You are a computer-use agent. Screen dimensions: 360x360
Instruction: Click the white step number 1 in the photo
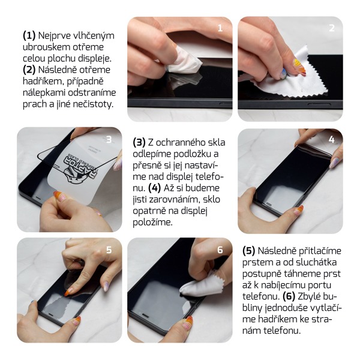(220, 28)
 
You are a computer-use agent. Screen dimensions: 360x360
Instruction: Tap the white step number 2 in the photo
(332, 28)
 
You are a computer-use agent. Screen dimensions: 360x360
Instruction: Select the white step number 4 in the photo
(331, 139)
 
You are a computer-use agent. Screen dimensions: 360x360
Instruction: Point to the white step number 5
(109, 250)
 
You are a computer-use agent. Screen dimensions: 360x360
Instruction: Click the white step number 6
(220, 250)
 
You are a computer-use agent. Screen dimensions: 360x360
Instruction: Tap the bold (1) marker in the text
(29, 35)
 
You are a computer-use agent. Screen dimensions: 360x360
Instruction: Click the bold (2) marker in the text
(29, 70)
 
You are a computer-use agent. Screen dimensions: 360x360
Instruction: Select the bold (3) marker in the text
(139, 142)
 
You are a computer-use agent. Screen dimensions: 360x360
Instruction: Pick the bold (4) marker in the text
(155, 188)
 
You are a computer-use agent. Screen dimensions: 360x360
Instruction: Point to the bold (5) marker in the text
(249, 251)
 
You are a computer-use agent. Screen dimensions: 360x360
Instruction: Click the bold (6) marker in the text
(289, 296)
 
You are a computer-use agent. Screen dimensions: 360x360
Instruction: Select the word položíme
(152, 222)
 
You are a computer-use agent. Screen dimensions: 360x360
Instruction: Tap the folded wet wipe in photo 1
(183, 60)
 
